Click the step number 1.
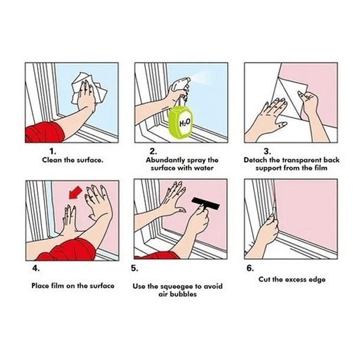[53, 151]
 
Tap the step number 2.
[153, 151]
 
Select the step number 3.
[267, 151]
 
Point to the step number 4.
[36, 268]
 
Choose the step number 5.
[135, 268]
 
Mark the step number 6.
[250, 268]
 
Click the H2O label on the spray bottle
[185, 123]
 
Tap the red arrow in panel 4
[76, 192]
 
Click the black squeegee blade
[205, 203]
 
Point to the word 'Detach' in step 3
[253, 160]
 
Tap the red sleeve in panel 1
[44, 133]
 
